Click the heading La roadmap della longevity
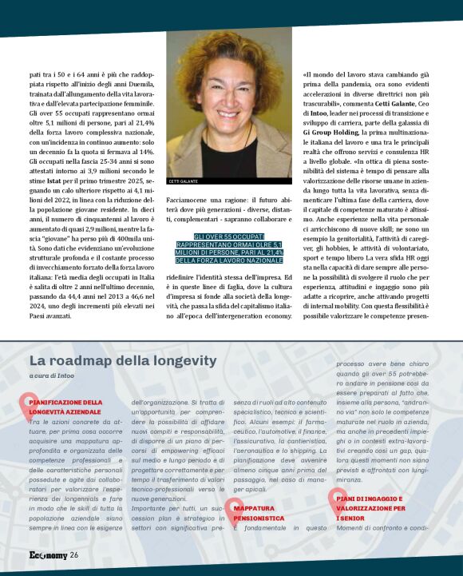123,360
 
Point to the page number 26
73,554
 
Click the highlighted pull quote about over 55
230,249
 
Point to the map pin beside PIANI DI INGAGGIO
334,499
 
